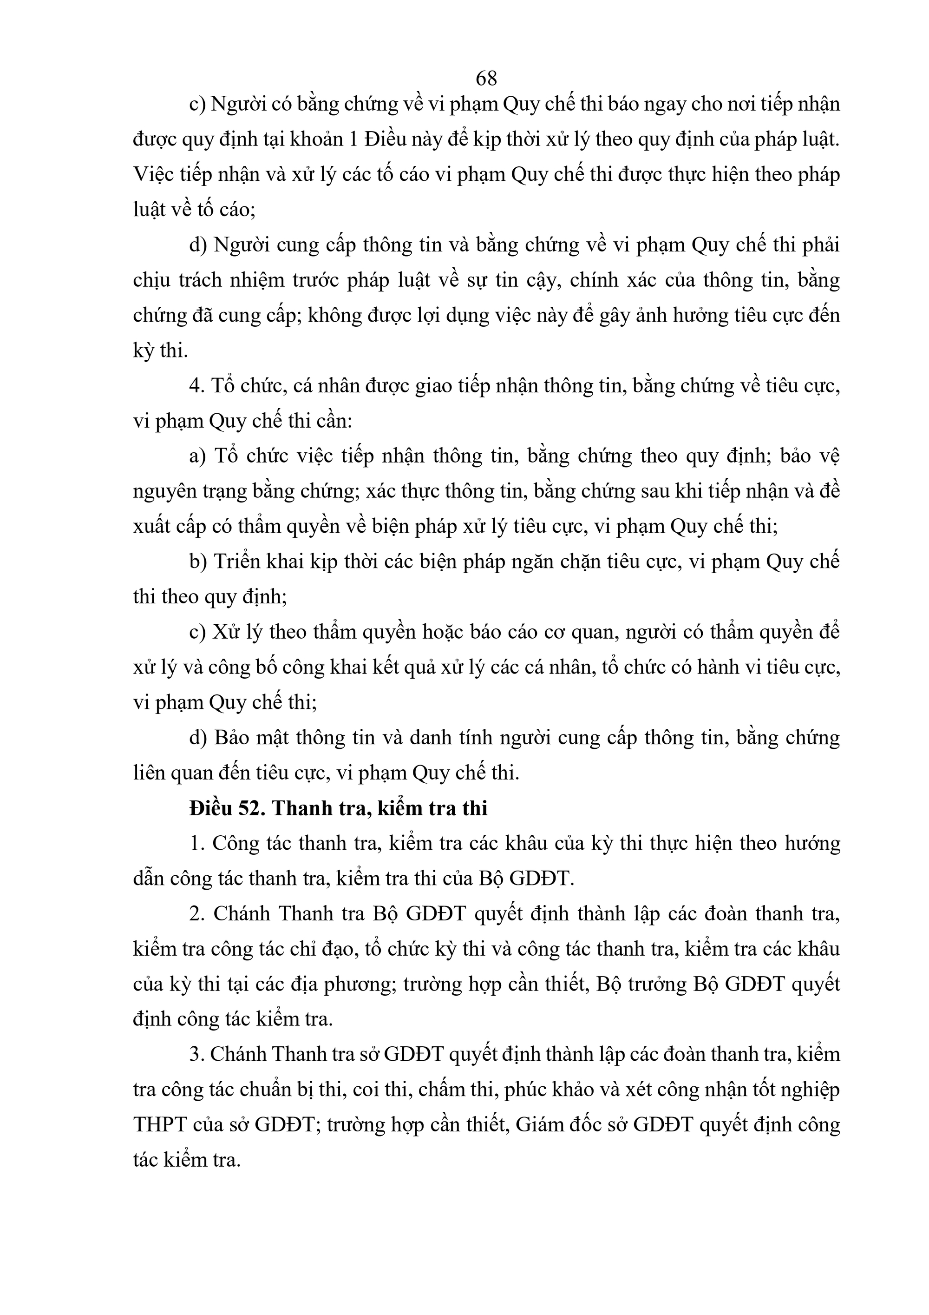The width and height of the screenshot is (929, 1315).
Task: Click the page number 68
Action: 486,77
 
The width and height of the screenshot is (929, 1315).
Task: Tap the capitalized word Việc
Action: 153,175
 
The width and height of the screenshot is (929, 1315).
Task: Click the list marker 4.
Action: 197,386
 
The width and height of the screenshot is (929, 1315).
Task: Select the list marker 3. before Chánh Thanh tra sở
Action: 197,1054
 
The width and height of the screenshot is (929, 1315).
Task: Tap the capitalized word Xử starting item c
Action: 224,632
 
